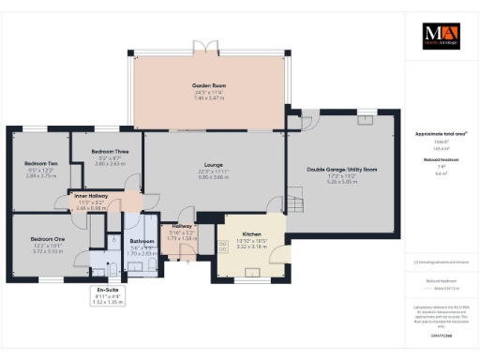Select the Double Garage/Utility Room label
341,169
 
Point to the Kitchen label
251,233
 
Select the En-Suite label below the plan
111,291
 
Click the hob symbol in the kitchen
223,247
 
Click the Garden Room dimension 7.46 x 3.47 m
210,97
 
